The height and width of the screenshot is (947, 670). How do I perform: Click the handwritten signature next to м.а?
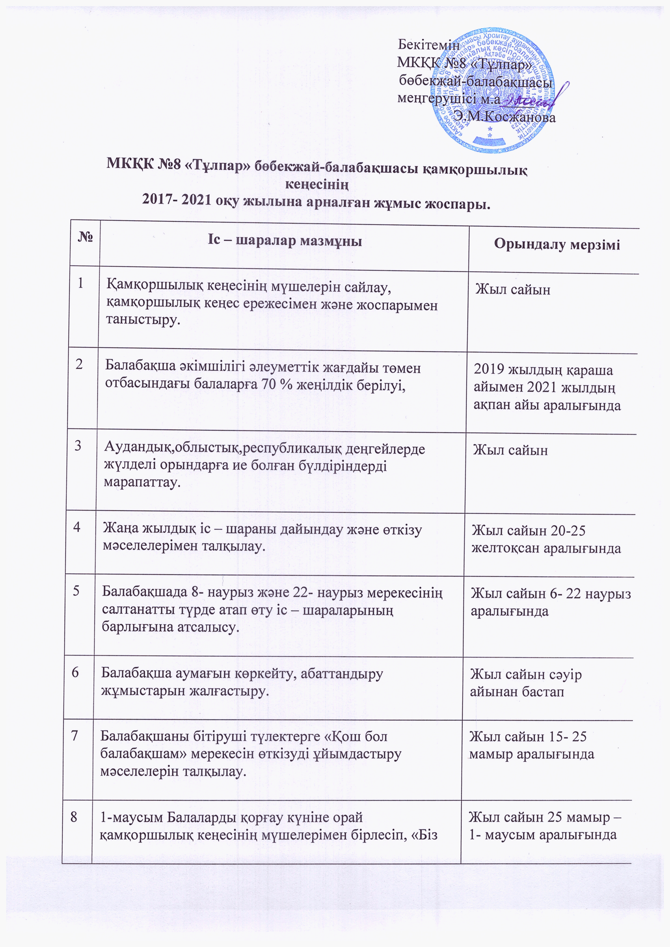coord(530,99)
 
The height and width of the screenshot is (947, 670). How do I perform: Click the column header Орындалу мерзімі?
coord(557,245)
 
